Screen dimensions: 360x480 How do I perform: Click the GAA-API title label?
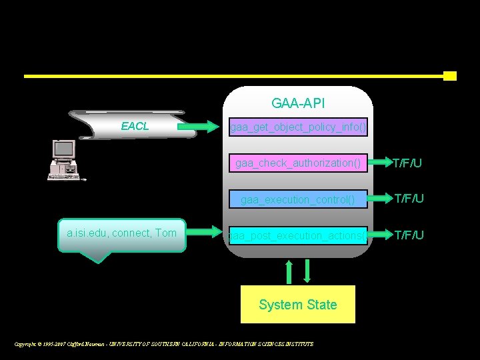pyautogui.click(x=298, y=103)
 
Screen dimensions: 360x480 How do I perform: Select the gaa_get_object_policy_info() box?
pyautogui.click(x=298, y=126)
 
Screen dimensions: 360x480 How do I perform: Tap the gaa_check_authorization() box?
pyautogui.click(x=298, y=163)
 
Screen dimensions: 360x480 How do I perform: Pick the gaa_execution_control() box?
pyautogui.click(x=298, y=199)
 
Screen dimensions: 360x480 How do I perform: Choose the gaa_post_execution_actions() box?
pyautogui.click(x=298, y=235)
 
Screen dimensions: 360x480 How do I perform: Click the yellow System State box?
pyautogui.click(x=298, y=305)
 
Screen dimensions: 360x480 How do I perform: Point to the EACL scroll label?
pyautogui.click(x=135, y=126)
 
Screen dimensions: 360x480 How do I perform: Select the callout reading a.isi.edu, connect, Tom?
pyautogui.click(x=121, y=233)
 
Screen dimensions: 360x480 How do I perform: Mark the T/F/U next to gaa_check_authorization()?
pyautogui.click(x=407, y=163)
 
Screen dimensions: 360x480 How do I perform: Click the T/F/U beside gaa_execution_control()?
pyautogui.click(x=409, y=199)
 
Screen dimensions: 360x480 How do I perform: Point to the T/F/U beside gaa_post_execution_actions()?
pyautogui.click(x=409, y=235)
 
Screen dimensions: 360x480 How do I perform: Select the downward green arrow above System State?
pyautogui.click(x=307, y=271)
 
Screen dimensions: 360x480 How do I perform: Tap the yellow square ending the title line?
pyautogui.click(x=450, y=76)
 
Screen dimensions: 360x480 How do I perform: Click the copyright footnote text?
pyautogui.click(x=164, y=344)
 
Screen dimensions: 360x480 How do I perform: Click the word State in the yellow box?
pyautogui.click(x=322, y=305)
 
